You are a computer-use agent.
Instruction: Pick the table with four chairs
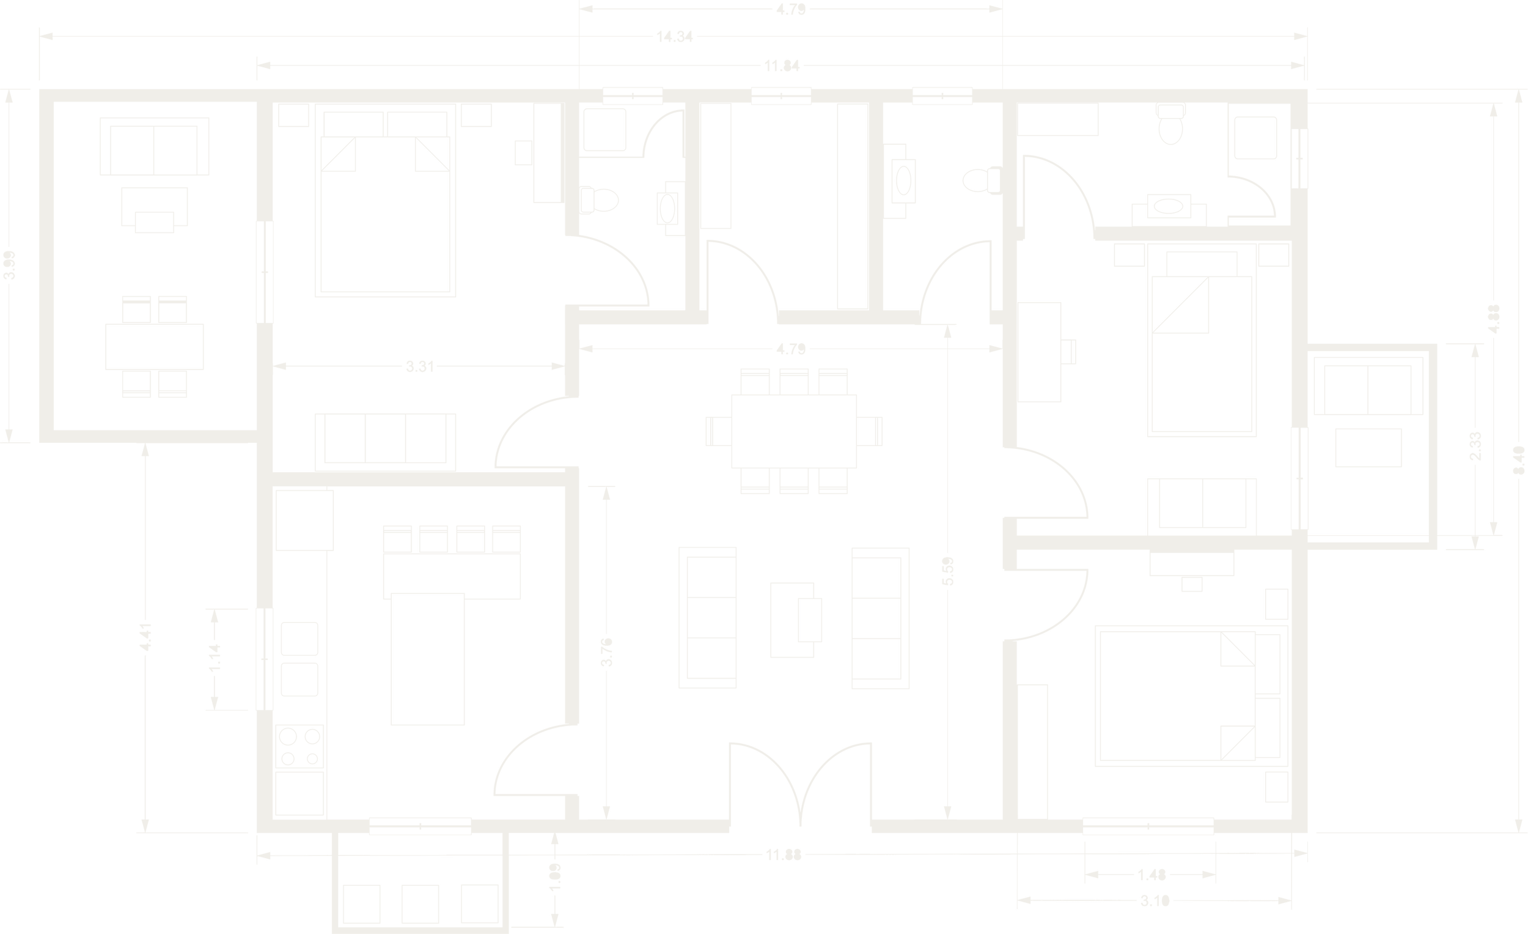pos(155,346)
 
